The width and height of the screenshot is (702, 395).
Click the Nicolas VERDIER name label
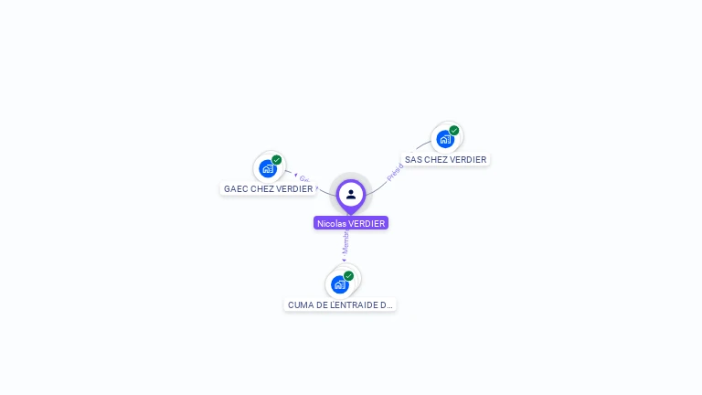[x=351, y=223]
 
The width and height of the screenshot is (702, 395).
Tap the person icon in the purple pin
[x=351, y=194]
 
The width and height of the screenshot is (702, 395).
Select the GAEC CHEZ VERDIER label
[x=268, y=189]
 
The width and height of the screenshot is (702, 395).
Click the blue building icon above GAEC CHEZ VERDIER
[x=267, y=168]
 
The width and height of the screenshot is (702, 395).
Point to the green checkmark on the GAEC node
[x=277, y=160]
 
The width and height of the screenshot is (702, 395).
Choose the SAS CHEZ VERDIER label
[x=445, y=159]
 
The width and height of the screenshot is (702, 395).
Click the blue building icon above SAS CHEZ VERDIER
[x=444, y=139]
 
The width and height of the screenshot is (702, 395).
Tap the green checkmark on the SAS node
[x=454, y=131]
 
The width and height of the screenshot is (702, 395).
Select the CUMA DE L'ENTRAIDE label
[x=340, y=305]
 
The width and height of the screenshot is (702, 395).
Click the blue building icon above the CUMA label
[x=339, y=284]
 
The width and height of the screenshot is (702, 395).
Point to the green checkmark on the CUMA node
[x=349, y=275]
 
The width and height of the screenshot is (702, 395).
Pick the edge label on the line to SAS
[x=394, y=172]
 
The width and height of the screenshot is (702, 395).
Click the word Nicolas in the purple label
[x=332, y=223]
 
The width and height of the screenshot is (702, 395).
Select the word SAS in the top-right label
[x=414, y=159]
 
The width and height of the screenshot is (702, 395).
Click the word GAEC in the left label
[x=236, y=189]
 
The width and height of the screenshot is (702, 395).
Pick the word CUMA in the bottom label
[x=302, y=305]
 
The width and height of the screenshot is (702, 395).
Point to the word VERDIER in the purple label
[x=367, y=223]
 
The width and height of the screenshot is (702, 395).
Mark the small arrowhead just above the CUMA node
[x=344, y=261]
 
